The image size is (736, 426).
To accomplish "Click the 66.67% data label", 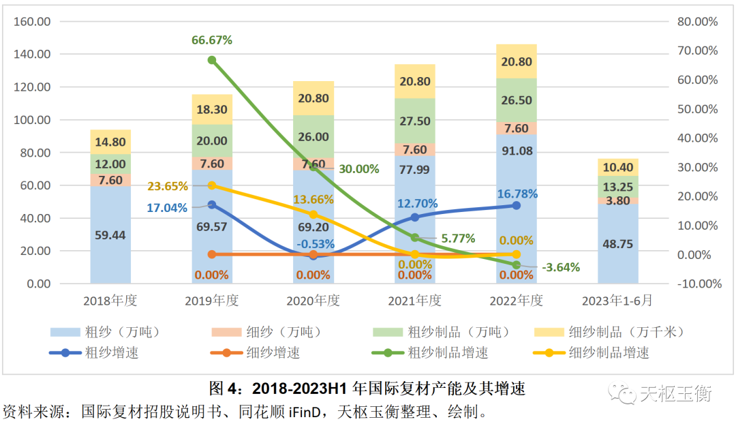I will (x=212, y=40).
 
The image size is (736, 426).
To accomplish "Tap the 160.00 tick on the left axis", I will (x=33, y=21).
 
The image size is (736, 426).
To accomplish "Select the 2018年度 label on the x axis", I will (x=110, y=301).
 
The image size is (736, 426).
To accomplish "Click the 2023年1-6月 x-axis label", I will (x=617, y=301).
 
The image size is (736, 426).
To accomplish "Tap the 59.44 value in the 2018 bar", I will (x=110, y=235).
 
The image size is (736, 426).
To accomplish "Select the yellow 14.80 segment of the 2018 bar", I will (x=110, y=142).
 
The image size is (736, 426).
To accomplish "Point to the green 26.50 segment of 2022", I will (x=516, y=100).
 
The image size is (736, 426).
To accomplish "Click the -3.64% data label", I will (x=561, y=267).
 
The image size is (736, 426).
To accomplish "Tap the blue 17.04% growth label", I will (x=167, y=208).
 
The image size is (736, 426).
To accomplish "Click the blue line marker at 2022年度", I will (x=516, y=205).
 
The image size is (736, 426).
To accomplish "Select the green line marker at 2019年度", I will (x=212, y=60).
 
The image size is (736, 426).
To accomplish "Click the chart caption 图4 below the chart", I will (x=367, y=389).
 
